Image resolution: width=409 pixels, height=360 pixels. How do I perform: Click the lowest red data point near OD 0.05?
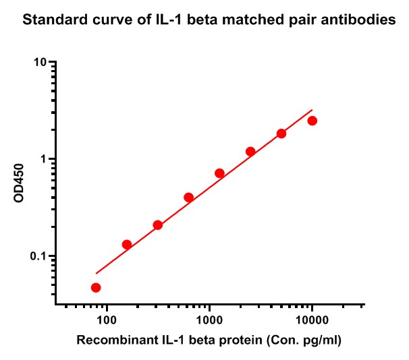(x=96, y=288)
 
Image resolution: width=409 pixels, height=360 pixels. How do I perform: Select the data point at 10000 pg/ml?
(x=312, y=121)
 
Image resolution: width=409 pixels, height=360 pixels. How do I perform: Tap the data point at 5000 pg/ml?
(x=281, y=133)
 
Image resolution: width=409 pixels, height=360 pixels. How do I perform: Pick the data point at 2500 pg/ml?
(x=250, y=152)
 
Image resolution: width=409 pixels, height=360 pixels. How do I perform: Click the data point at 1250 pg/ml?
(x=219, y=173)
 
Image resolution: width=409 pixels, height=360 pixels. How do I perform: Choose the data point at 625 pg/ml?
(x=188, y=198)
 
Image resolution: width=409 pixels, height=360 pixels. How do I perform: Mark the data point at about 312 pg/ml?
(x=158, y=225)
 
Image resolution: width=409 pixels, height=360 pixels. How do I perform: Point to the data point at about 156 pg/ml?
(x=127, y=245)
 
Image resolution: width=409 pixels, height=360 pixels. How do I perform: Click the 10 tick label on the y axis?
(x=40, y=63)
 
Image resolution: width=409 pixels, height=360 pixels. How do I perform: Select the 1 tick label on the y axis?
(x=44, y=160)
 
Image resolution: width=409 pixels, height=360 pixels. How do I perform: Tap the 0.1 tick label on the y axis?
(x=39, y=257)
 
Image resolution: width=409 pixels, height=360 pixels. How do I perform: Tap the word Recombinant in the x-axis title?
(x=110, y=341)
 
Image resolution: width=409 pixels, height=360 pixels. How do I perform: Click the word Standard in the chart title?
(x=51, y=21)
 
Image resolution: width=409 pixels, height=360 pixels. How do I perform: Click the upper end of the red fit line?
(x=312, y=110)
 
